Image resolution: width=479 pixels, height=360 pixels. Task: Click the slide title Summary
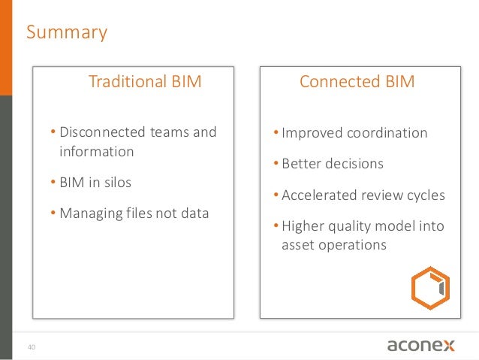pyautogui.click(x=67, y=33)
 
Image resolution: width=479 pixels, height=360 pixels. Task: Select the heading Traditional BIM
pyautogui.click(x=145, y=81)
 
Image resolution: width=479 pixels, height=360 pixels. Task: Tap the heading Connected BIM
pyautogui.click(x=357, y=81)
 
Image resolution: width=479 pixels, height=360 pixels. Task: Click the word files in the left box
pyautogui.click(x=139, y=213)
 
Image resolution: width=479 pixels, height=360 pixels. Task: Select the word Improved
pyautogui.click(x=311, y=133)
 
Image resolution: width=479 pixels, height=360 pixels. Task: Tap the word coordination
pyautogui.click(x=387, y=133)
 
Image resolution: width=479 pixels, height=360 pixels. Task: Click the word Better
pyautogui.click(x=303, y=164)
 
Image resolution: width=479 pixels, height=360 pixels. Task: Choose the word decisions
pyautogui.click(x=356, y=164)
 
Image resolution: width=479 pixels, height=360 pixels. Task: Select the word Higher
pyautogui.click(x=302, y=226)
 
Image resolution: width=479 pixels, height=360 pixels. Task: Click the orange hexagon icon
pyautogui.click(x=430, y=288)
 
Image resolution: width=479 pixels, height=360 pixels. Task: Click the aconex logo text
pyautogui.click(x=420, y=345)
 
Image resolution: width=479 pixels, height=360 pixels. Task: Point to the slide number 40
pyautogui.click(x=32, y=347)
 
